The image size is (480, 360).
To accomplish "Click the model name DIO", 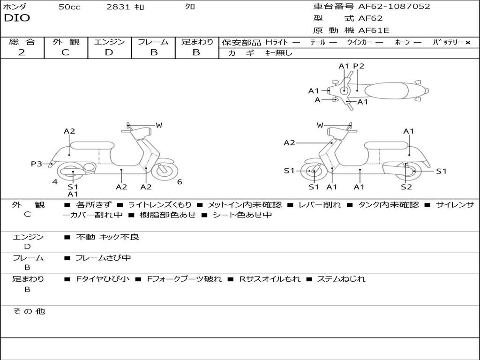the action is point(17,18).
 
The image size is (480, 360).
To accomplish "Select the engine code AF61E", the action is point(374,31).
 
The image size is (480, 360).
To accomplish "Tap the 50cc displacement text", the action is point(69,7).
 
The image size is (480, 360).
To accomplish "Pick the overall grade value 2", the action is point(22,52).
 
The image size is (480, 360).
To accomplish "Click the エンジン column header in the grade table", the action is point(109,42).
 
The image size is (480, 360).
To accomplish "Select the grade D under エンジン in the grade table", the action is point(109,52).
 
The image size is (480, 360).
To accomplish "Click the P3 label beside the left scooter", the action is point(37,164).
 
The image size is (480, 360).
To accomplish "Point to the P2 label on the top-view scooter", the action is point(359,67).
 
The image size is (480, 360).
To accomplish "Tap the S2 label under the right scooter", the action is point(406,187).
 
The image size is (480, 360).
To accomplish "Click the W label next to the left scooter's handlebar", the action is point(159,125).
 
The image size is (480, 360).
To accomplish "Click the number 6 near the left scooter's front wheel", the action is point(180,182).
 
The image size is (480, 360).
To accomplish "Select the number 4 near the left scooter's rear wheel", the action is point(55,182).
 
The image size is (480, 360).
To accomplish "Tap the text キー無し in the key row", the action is point(279,53).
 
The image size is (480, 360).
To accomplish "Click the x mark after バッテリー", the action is point(467,42).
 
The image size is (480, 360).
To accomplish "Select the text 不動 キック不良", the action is point(107,237).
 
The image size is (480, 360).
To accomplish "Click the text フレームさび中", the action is point(103,258).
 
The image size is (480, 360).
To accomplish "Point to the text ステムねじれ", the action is point(341,279).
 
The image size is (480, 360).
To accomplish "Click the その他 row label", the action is point(29,311).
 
